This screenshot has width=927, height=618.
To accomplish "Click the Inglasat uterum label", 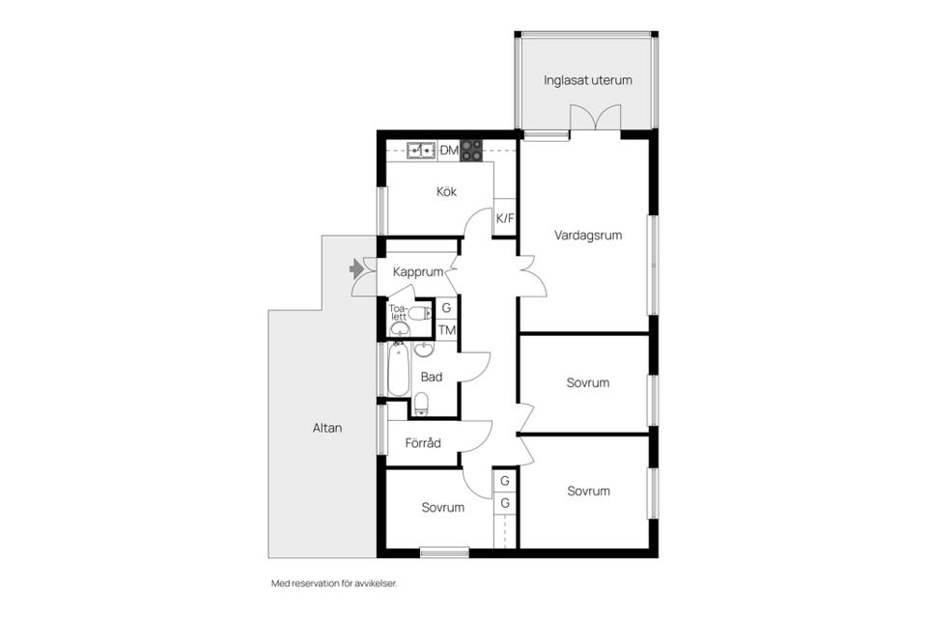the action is (588, 80).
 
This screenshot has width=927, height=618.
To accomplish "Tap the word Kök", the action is (446, 191).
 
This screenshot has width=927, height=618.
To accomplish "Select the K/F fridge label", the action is (505, 218).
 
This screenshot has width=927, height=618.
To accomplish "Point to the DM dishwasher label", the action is (449, 151).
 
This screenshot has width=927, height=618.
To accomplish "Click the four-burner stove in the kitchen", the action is (471, 151).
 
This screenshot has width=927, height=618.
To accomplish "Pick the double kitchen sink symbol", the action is (421, 151).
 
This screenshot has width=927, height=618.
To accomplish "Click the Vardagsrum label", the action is (588, 236).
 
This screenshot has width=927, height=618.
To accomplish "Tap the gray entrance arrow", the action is (356, 268).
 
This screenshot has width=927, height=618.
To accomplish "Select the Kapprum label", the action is (418, 272).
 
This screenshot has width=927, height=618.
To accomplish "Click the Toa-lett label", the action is (398, 312).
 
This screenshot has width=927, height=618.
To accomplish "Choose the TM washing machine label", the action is (447, 330).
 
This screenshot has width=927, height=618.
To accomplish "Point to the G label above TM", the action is (446, 307).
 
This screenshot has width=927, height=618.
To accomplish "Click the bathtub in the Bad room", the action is (399, 370).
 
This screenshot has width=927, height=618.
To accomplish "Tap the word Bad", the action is (432, 377).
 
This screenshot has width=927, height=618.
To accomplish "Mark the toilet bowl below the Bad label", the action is (421, 404).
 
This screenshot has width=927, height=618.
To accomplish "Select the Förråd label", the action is (423, 443).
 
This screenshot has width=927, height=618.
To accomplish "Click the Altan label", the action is (327, 428).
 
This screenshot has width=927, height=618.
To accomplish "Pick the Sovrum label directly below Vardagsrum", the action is (588, 382).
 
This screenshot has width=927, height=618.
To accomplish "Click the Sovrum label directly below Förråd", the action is (443, 507).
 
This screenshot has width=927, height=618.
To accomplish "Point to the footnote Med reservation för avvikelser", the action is (334, 583).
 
